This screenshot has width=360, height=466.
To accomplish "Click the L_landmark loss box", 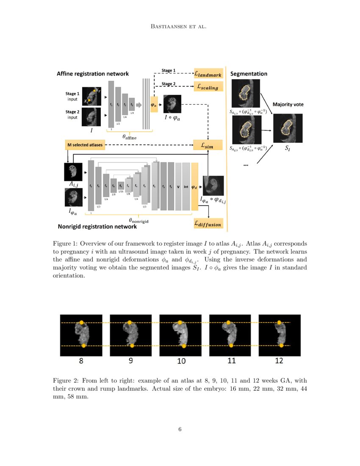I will point(208,73).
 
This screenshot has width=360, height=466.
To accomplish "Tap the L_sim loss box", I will point(208,145).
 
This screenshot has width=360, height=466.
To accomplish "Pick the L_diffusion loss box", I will point(208,223).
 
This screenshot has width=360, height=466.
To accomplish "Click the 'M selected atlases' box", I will point(85,145).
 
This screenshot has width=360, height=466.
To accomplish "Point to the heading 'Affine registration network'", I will point(93,74).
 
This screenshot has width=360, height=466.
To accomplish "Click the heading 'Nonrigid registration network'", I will point(97,227).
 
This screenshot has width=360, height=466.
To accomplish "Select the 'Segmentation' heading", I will point(249,74).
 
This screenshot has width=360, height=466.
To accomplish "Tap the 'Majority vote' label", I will point(288,104).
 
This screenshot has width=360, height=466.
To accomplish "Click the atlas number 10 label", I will point(181,361).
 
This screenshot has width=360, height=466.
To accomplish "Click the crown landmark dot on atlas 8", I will point(83,323).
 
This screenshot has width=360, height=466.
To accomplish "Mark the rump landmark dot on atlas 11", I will point(231,346).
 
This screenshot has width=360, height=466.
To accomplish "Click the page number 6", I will point(180,430).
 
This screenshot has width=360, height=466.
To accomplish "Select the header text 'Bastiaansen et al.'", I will point(180,27).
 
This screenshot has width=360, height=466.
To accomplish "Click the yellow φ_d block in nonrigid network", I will point(195,186).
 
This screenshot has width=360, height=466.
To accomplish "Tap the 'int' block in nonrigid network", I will point(186,186).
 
